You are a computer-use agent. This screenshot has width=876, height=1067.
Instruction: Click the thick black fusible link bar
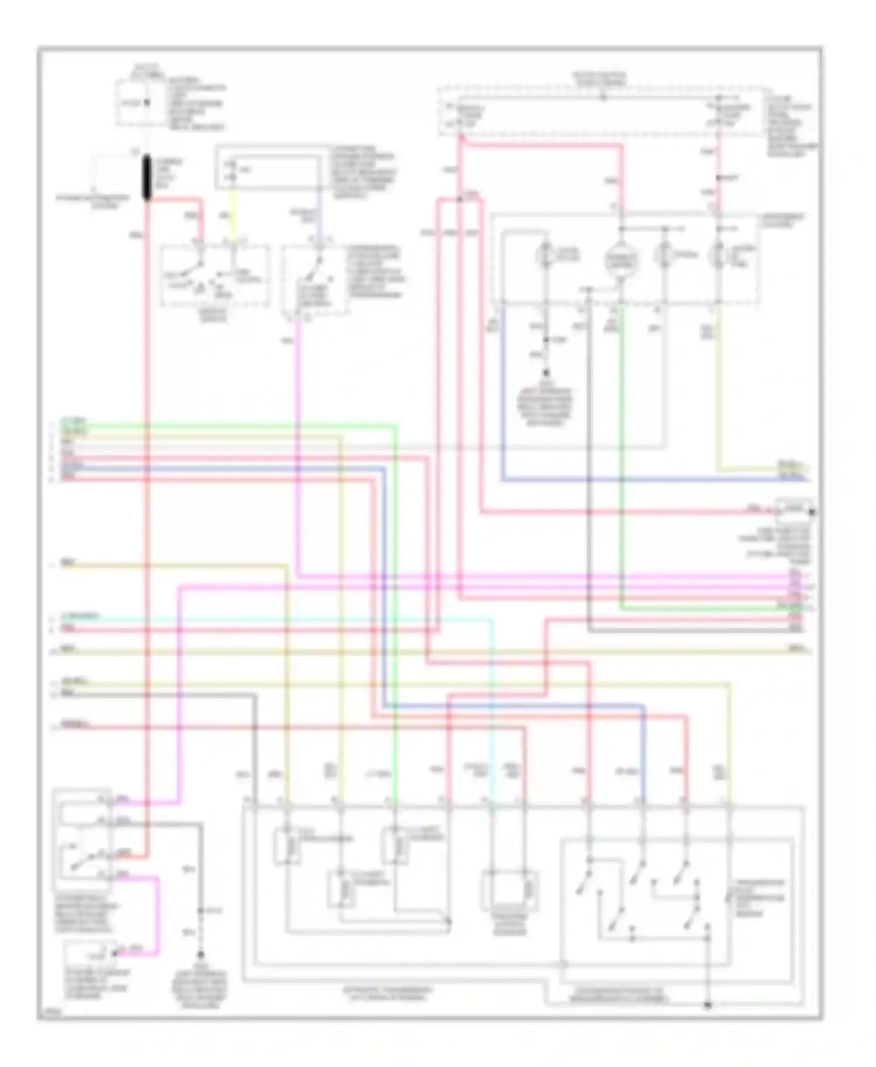pyautogui.click(x=147, y=177)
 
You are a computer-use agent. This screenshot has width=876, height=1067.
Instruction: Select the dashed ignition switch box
pyautogui.click(x=215, y=276)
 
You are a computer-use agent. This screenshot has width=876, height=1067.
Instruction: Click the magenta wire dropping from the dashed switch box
pyautogui.click(x=298, y=444)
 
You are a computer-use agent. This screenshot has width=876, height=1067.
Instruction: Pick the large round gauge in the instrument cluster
pyautogui.click(x=620, y=259)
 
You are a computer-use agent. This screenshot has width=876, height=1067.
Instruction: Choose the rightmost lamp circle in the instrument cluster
pyautogui.click(x=717, y=256)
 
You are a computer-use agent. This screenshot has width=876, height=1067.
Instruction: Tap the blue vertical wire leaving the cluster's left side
pyautogui.click(x=502, y=397)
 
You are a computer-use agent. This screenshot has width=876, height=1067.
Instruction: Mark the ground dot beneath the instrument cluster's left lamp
pyautogui.click(x=546, y=372)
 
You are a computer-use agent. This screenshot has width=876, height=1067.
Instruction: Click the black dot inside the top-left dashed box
pyautogui.click(x=147, y=103)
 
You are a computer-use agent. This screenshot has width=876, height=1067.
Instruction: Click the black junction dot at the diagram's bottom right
pyautogui.click(x=708, y=1006)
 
